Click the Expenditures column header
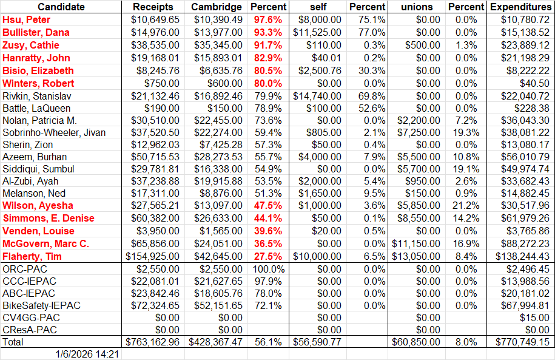(x=520, y=7)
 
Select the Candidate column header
(x=61, y=7)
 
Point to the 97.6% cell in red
(x=268, y=19)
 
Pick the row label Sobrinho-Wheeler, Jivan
(x=54, y=132)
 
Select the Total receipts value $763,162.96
(x=152, y=342)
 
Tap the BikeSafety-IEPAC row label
(x=42, y=305)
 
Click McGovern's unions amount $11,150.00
(x=417, y=243)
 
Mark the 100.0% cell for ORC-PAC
(x=268, y=269)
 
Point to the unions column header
(x=417, y=7)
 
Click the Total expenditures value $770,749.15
(x=520, y=342)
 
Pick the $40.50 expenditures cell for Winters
(x=534, y=83)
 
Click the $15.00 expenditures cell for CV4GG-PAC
(x=534, y=318)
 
